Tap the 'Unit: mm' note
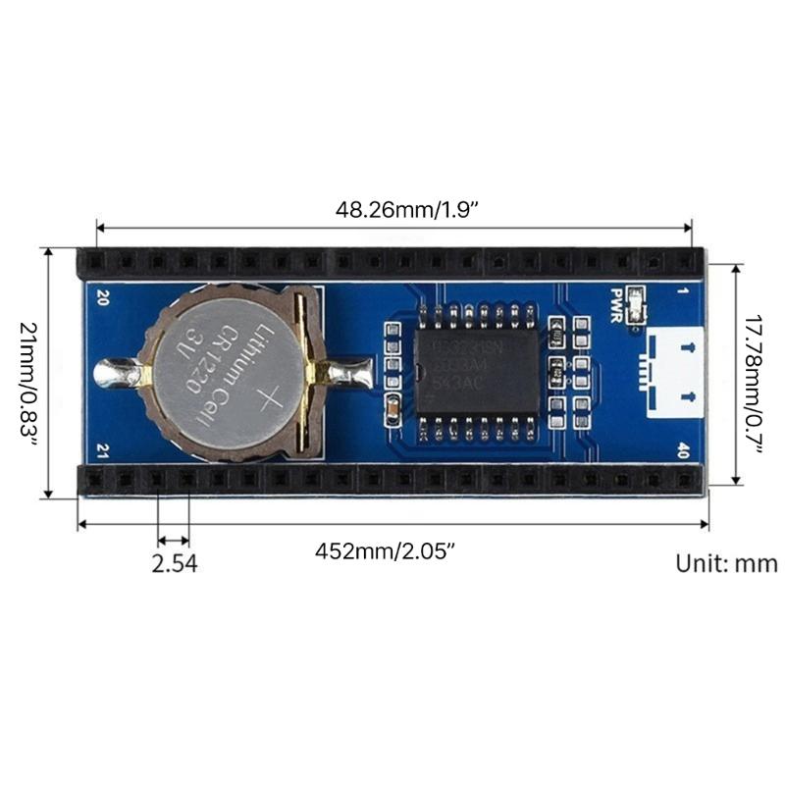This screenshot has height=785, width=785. click(726, 564)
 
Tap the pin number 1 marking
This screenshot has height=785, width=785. click(684, 291)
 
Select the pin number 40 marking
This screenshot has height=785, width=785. click(683, 449)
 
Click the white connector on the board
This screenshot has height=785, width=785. click(673, 371)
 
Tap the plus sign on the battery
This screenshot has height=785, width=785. click(269, 399)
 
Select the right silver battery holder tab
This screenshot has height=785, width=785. click(349, 374)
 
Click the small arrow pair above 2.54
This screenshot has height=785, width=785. click(174, 539)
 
